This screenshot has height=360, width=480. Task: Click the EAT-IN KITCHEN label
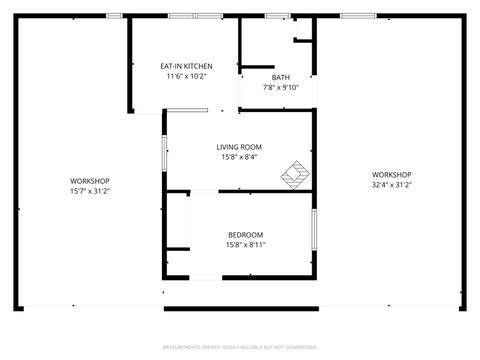point(185,67)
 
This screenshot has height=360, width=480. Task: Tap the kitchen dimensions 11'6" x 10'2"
point(185,76)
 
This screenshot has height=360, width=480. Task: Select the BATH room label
point(282,78)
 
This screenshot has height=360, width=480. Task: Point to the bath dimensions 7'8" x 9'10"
point(282,87)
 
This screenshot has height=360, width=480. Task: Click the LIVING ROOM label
point(240,147)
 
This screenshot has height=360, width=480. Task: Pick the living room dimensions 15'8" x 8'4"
point(240,156)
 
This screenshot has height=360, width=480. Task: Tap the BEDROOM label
point(245,235)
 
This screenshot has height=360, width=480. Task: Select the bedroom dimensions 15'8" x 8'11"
point(245,244)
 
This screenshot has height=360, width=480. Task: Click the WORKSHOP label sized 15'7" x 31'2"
point(89,181)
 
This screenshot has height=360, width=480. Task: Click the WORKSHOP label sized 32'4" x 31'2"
point(392,175)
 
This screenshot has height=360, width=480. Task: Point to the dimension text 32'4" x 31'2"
point(392,184)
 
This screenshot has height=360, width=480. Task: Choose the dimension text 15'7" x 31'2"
point(89,190)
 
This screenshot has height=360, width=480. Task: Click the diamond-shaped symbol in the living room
point(295,174)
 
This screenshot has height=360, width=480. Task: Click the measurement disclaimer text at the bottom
point(240,347)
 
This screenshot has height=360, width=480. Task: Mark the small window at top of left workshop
point(114,15)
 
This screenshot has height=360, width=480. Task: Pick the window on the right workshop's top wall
point(353,15)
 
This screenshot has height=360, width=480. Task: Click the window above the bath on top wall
point(277,15)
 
